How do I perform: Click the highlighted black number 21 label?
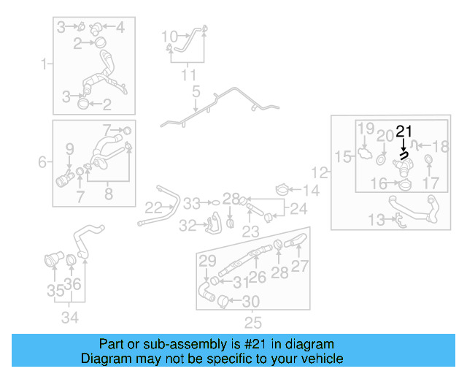404,132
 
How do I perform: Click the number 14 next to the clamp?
312,191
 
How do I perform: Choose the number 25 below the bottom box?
252,322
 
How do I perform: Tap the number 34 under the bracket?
70,318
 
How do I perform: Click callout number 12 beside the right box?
320,173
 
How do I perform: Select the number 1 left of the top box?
45,64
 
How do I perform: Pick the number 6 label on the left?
42,161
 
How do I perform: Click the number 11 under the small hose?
188,75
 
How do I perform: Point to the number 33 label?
191,202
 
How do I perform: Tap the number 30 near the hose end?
250,300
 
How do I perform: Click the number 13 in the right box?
376,218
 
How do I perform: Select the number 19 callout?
366,129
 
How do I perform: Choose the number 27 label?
300,267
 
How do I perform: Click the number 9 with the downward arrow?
70,149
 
